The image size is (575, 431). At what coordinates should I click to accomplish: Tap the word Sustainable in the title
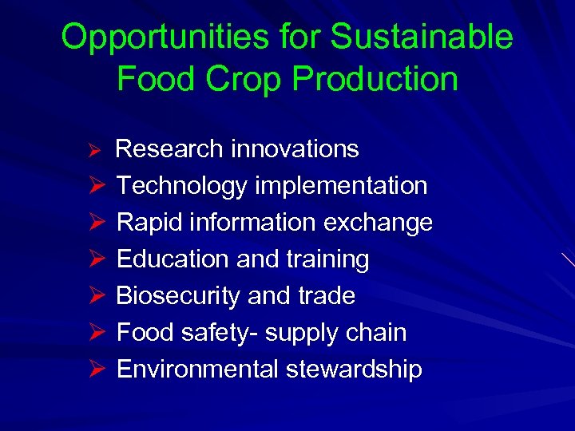(422, 38)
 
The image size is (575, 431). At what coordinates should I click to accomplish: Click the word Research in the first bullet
(168, 149)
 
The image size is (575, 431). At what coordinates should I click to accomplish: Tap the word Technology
(181, 186)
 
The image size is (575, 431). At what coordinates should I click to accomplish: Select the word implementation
(341, 186)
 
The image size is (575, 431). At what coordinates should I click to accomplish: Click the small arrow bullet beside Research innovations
(93, 151)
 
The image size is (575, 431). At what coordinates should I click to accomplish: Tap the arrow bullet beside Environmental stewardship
(94, 370)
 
